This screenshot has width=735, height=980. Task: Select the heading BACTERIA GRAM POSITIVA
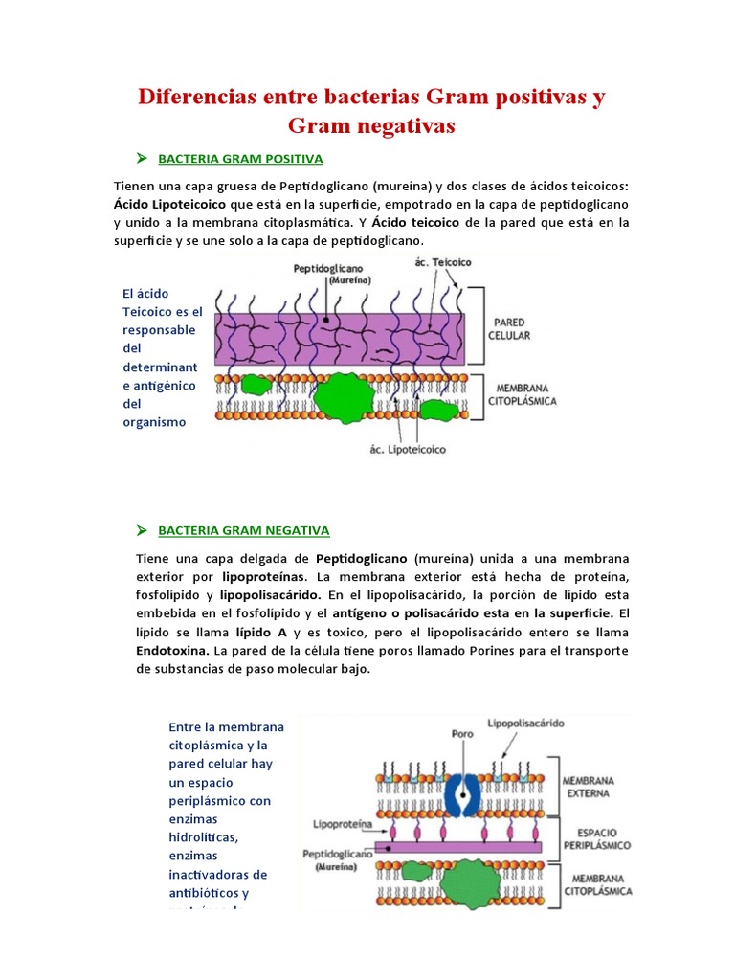[240, 158]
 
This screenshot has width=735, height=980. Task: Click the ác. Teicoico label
[443, 261]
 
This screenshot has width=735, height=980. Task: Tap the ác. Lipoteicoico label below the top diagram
[407, 448]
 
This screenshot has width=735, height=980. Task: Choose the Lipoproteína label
[342, 823]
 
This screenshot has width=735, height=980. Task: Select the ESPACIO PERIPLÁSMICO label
[596, 838]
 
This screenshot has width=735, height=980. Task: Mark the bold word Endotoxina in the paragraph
[173, 651]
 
